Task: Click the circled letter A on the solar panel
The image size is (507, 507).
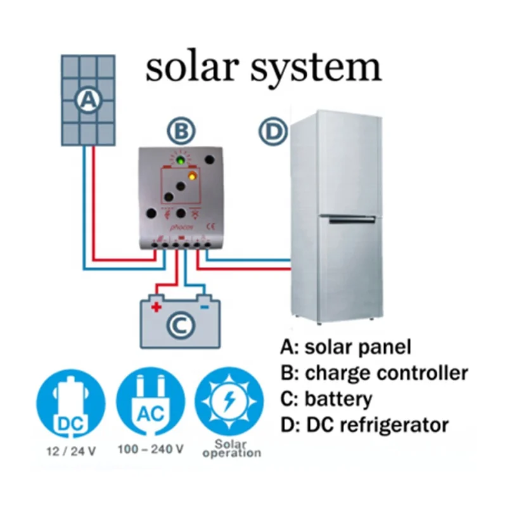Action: pyautogui.click(x=89, y=100)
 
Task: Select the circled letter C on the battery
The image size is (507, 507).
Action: pyautogui.click(x=180, y=326)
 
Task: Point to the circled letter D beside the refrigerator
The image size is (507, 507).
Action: pyautogui.click(x=273, y=132)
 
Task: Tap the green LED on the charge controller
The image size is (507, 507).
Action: pyautogui.click(x=181, y=162)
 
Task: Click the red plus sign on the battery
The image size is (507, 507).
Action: pyautogui.click(x=157, y=307)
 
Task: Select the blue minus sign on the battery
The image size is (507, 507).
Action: pyautogui.click(x=205, y=307)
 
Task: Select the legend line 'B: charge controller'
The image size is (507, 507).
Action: pyautogui.click(x=373, y=373)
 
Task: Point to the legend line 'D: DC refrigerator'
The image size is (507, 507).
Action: pyautogui.click(x=364, y=424)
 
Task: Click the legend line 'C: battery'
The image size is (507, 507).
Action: pyautogui.click(x=326, y=399)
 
